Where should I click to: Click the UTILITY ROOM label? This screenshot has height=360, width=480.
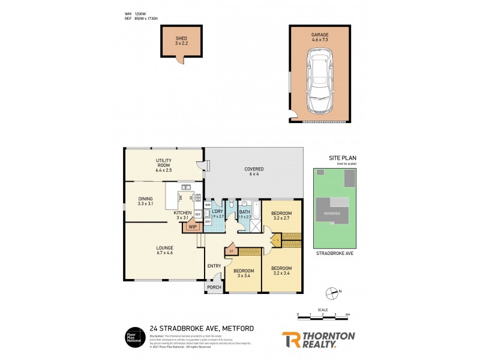point(164,166)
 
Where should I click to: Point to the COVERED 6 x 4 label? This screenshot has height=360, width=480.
point(254,172)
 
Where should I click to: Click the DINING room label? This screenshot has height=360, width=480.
point(146,202)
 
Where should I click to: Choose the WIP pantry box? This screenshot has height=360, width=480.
point(193,227)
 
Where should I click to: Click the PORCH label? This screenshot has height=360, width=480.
point(214,287)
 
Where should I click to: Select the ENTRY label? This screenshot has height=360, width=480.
point(214,266)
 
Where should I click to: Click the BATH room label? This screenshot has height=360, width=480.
point(245,214)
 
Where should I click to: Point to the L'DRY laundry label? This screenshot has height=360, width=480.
point(217,214)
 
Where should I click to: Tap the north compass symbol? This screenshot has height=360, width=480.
point(331,293)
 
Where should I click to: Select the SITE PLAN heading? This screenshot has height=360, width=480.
point(343,158)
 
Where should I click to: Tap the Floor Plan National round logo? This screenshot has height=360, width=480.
point(133,337)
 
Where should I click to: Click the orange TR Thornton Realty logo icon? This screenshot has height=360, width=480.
point(292,340)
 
